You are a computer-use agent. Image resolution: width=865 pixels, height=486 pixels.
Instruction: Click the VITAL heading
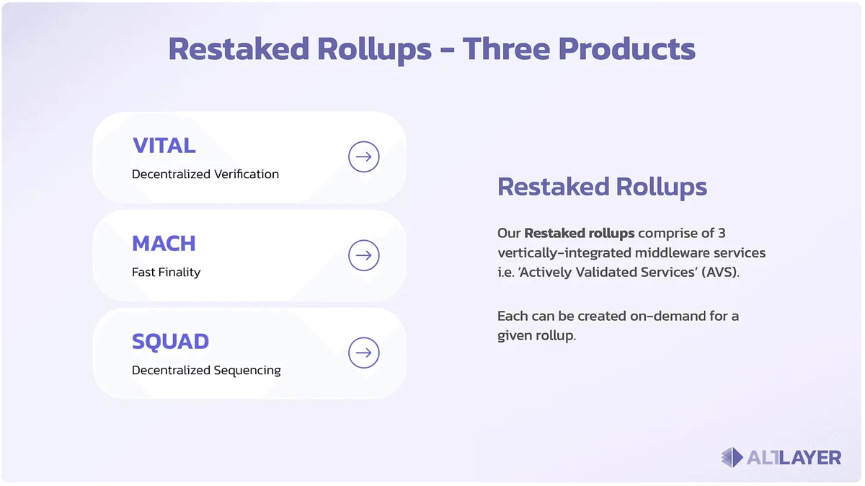164,145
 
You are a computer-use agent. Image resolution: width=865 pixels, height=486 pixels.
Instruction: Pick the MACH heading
164,243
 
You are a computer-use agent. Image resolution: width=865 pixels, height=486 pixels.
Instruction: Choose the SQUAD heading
170,341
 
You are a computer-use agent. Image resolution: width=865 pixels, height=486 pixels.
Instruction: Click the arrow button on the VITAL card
363,156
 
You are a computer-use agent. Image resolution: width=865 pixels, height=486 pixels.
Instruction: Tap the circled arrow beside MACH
363,255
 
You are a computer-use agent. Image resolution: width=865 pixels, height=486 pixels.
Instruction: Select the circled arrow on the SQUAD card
363,353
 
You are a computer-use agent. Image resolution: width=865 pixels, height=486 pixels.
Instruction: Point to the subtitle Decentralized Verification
205,174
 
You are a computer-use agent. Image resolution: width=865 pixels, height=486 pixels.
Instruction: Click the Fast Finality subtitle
166,272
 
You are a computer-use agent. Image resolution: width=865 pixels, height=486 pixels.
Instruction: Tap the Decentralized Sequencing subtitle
206,370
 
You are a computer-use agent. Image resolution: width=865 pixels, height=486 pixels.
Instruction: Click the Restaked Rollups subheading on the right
602,187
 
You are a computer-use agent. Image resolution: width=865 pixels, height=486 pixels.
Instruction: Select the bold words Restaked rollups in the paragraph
580,233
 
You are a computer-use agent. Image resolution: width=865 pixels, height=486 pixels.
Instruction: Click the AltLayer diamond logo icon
732,456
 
